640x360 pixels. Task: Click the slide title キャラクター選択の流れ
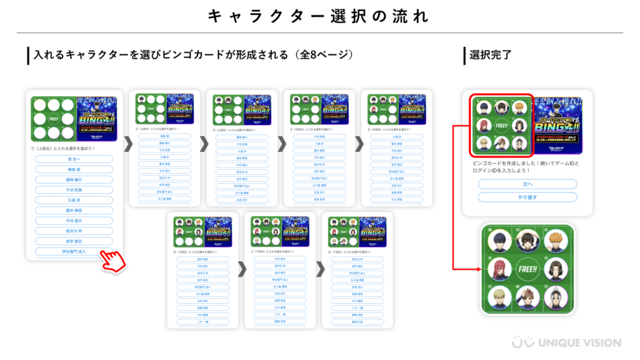[319, 16]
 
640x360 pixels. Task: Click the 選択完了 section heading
[491, 55]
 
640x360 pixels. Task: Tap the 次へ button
[527, 184]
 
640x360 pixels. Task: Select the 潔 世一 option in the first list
[74, 159]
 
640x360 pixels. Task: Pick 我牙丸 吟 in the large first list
[74, 230]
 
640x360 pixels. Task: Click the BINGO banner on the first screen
[98, 116]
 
